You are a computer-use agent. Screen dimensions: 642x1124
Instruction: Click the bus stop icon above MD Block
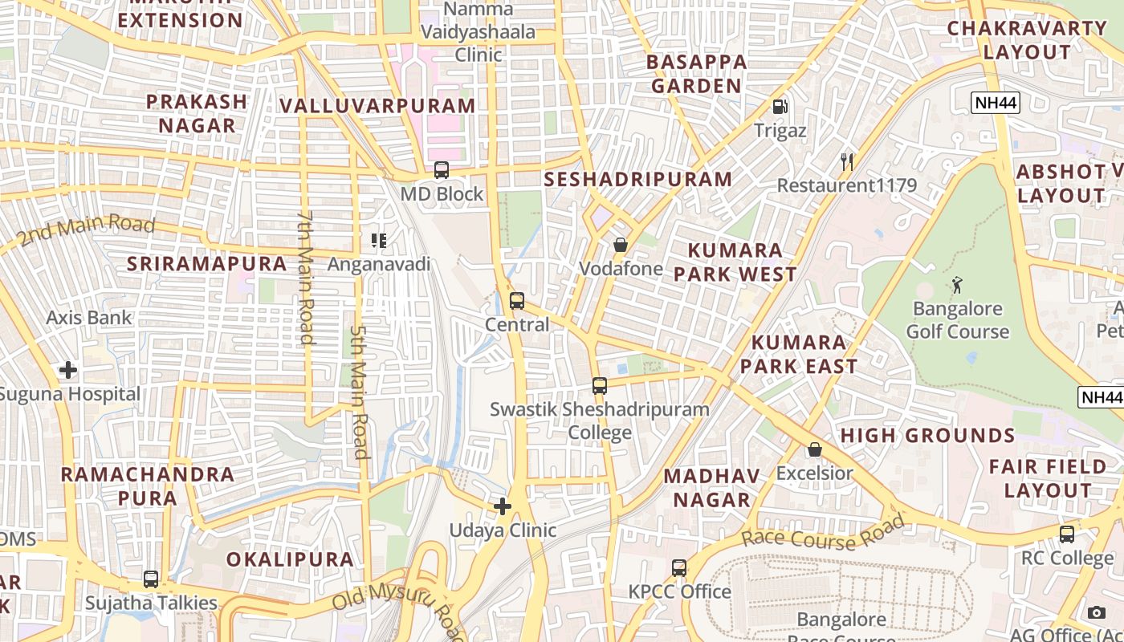coord(442,170)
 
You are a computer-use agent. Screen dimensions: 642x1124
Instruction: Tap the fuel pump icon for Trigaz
coord(780,107)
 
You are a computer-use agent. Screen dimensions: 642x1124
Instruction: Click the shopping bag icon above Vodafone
coord(621,245)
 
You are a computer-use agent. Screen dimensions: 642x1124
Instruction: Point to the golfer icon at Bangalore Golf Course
coord(957,285)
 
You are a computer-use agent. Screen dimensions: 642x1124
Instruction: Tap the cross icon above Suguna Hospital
coord(68,370)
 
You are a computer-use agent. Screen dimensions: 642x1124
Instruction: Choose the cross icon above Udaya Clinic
coord(503,506)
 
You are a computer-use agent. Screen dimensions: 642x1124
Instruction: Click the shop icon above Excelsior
coord(815,449)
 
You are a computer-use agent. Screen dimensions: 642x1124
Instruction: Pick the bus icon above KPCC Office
coord(679,568)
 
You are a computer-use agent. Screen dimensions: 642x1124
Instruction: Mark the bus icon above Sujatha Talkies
coord(151,579)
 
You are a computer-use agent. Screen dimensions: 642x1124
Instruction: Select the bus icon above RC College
coord(1067,534)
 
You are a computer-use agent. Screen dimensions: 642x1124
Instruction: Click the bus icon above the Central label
coord(517,301)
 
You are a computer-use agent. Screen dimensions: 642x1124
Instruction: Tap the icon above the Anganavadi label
coord(379,240)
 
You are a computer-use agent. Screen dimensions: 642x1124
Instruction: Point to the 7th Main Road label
coord(305,278)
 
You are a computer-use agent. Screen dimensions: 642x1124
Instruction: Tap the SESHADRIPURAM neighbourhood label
coord(638,179)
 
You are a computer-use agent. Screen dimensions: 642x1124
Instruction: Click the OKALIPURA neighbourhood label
coord(290,559)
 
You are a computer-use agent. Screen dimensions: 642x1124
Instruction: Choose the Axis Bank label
coord(88,317)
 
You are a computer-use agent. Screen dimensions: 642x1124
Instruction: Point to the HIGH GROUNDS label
coord(927,436)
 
